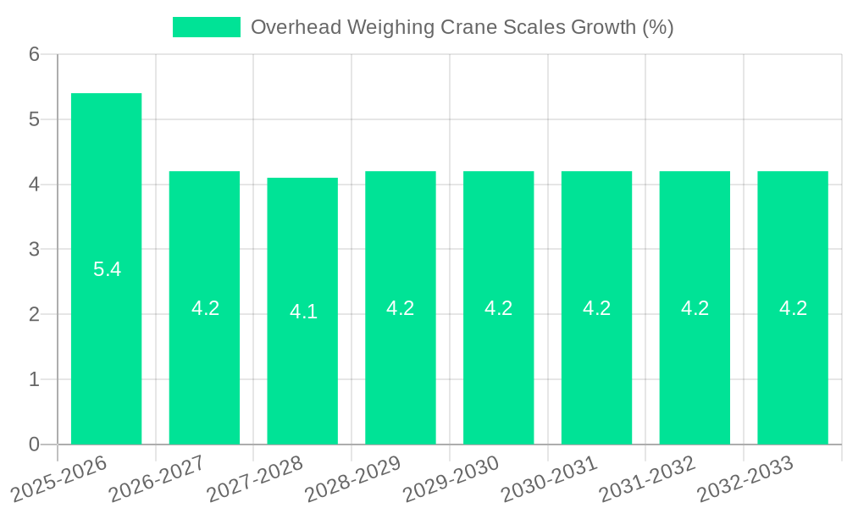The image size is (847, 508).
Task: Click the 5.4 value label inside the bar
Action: [107, 270]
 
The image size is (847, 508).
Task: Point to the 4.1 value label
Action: [303, 312]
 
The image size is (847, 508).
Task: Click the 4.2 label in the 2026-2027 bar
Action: [205, 308]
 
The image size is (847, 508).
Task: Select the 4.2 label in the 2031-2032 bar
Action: [695, 308]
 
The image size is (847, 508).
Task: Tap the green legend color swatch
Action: [206, 27]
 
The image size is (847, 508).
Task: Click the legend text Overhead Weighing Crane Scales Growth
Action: [462, 27]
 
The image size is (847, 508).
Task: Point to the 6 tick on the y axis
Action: [34, 54]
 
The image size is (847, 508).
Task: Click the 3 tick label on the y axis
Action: [34, 249]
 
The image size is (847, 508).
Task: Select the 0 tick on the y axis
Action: [34, 444]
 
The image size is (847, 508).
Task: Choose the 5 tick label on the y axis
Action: [34, 119]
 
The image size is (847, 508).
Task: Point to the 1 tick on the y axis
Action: [34, 379]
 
